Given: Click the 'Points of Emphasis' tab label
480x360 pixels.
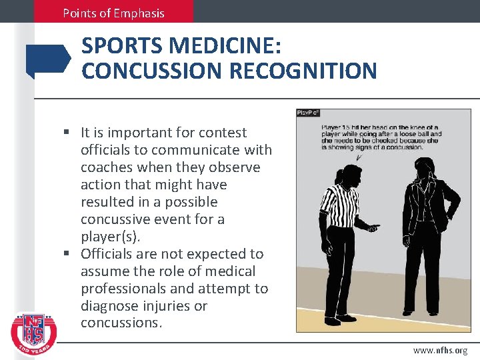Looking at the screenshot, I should (113, 13).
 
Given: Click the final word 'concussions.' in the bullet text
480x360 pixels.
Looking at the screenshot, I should (121, 323).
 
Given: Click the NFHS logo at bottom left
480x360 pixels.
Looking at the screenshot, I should (34, 329).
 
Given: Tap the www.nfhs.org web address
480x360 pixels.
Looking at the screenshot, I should (440, 350).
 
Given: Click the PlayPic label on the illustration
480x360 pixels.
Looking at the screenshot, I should (309, 113).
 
